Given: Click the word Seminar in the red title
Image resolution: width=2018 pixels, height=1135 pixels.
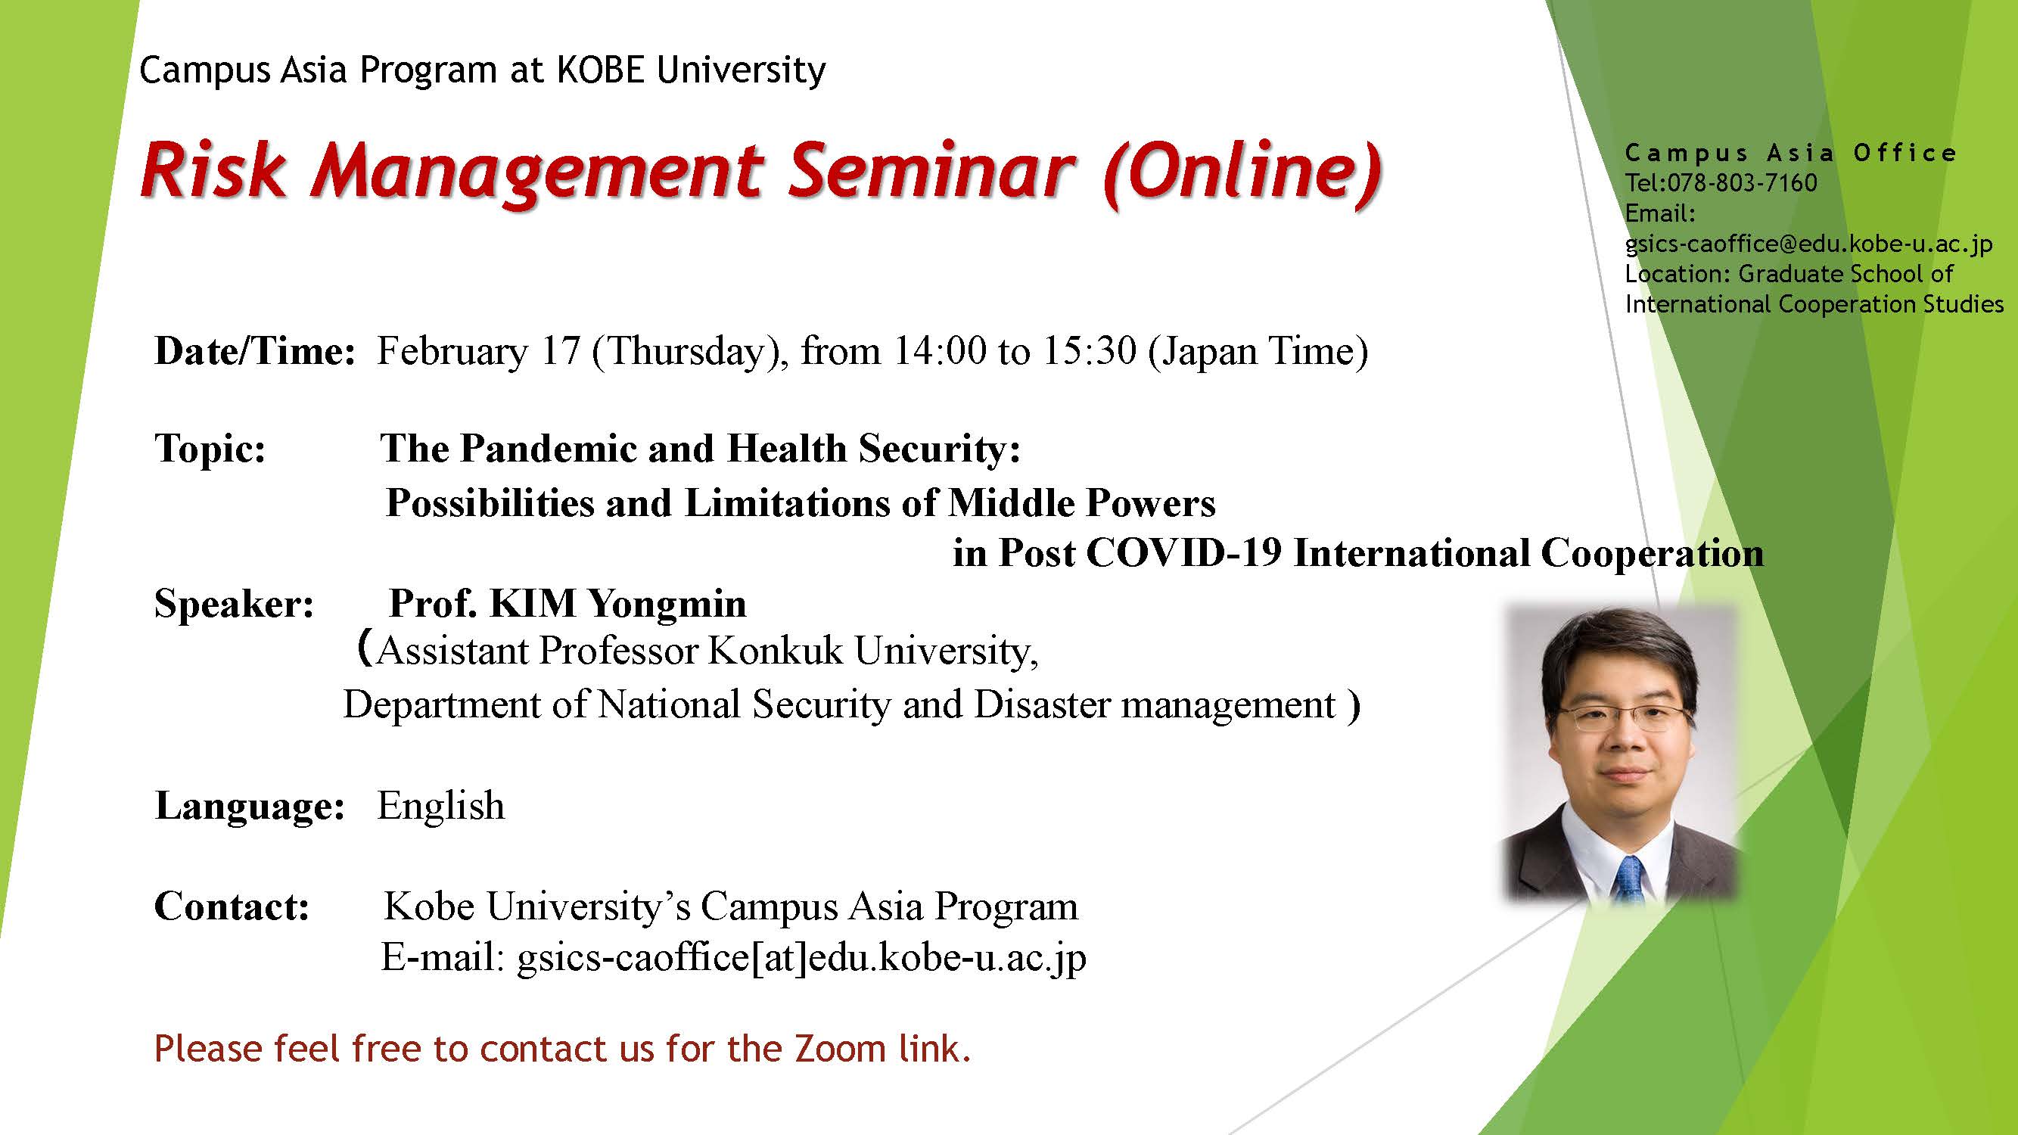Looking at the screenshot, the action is coord(931,171).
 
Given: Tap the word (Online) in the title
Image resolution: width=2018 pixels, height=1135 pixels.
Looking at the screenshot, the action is coord(1242,174).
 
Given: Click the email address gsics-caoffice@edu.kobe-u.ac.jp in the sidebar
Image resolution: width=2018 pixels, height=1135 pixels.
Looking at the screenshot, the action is coord(1809,244).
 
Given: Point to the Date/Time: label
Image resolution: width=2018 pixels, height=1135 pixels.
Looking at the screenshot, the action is coord(256,350).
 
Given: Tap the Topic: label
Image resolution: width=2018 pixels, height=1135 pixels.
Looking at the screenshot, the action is coord(210,448).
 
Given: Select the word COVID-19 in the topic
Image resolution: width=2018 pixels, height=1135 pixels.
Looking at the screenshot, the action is coord(1184,553).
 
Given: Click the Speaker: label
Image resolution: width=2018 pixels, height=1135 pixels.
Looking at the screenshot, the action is coord(235,604).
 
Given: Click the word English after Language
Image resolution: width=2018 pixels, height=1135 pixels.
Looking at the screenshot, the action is coord(441,806).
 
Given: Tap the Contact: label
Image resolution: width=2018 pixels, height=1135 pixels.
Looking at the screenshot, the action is coord(232,906).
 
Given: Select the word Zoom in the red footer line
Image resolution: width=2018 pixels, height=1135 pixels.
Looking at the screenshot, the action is coord(840,1049).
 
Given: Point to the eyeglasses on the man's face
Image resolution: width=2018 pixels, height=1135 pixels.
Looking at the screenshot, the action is coord(1620,716).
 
